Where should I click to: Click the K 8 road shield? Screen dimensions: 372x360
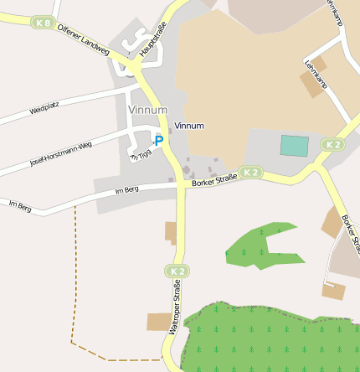click(43, 23)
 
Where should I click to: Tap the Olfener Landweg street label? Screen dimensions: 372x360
click(83, 40)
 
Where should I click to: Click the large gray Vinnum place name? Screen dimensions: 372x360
click(148, 110)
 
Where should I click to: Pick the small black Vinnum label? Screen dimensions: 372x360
click(189, 126)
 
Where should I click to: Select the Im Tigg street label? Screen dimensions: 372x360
click(141, 154)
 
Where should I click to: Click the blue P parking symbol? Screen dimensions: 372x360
click(158, 141)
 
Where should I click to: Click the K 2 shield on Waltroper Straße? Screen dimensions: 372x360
click(176, 271)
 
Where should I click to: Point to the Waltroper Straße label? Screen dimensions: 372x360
click(176, 308)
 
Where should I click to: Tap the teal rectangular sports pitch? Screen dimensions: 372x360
click(294, 145)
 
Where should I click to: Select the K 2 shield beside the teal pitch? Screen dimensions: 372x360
click(332, 145)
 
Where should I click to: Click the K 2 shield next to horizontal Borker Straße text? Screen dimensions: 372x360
click(250, 173)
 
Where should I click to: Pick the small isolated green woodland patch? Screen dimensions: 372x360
click(264, 245)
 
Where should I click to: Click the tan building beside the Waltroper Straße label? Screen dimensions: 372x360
click(158, 322)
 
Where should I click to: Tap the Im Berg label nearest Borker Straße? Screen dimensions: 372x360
click(126, 190)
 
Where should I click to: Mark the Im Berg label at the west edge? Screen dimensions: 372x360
click(19, 205)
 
